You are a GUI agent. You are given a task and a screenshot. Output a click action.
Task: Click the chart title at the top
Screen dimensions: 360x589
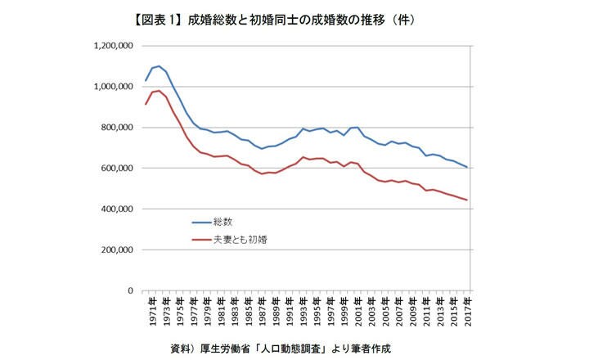(294, 19)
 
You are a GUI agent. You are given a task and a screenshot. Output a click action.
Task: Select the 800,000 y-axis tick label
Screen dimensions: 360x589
(116, 128)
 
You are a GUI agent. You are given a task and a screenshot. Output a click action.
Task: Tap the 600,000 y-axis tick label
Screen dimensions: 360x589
(116, 169)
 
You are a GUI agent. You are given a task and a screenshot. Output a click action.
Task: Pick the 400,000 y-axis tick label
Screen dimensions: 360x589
(116, 209)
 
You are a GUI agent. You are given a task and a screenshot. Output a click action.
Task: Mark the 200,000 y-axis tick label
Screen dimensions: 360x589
(116, 250)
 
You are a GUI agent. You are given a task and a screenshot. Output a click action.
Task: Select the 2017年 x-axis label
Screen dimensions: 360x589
(467, 313)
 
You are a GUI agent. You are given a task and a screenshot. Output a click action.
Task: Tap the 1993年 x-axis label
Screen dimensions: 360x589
(303, 313)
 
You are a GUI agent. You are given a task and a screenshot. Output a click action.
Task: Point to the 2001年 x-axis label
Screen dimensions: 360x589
(358, 313)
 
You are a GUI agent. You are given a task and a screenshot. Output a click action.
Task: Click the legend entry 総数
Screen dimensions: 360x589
(223, 221)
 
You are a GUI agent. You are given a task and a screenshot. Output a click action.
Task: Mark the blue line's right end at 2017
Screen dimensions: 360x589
(467, 167)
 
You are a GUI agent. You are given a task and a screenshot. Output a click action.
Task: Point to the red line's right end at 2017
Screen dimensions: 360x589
(467, 200)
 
